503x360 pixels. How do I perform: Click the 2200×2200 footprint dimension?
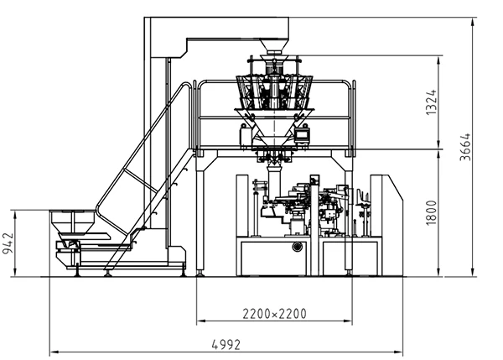pos(274,315)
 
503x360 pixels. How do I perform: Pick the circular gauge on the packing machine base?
pos(297,247)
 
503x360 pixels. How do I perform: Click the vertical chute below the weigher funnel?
pos(272,172)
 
